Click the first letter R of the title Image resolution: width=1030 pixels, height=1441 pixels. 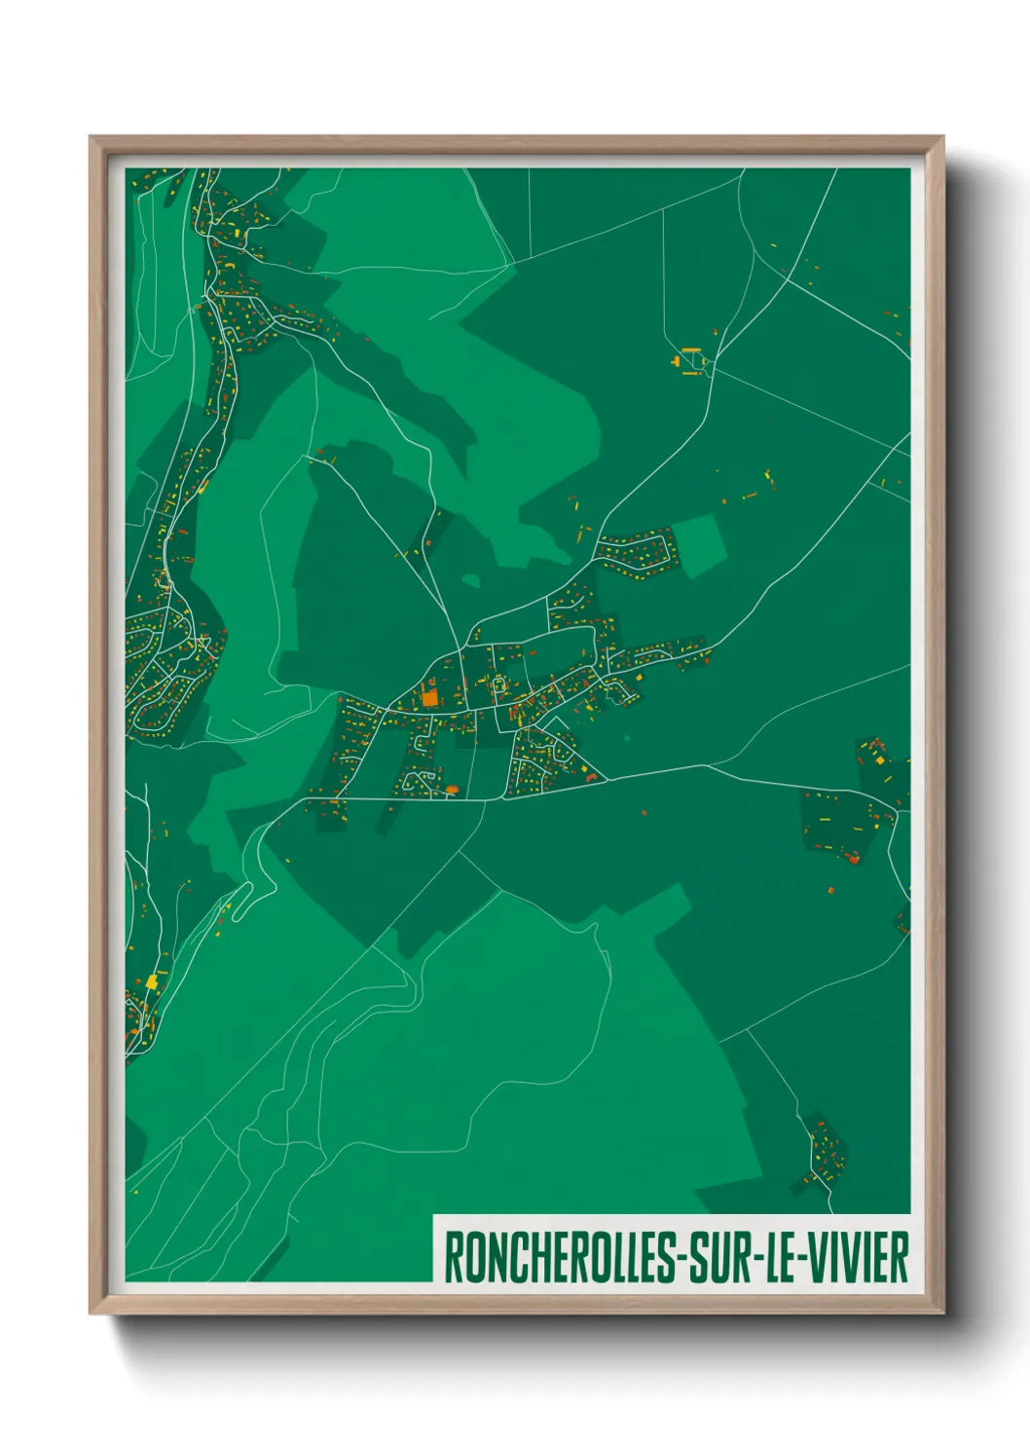(x=453, y=1257)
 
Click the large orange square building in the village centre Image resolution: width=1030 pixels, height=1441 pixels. (x=429, y=698)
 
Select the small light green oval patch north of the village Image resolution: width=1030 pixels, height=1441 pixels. (x=471, y=581)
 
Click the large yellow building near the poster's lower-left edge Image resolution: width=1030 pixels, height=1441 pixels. (x=151, y=981)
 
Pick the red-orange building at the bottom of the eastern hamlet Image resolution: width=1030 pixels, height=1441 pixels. (x=854, y=858)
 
